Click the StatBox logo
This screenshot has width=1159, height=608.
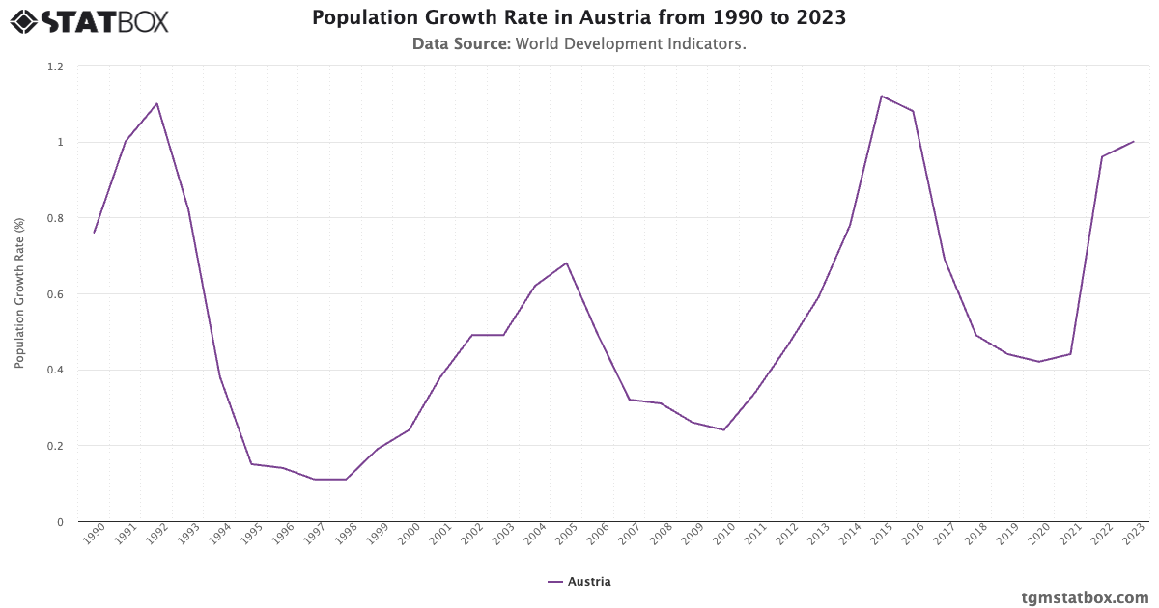point(89,20)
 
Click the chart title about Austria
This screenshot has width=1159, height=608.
point(579,18)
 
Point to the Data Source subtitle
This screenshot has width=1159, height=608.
point(579,43)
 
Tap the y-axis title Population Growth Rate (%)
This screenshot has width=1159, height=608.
point(19,292)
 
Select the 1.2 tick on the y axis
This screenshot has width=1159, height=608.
point(55,67)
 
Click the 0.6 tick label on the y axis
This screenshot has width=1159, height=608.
point(55,294)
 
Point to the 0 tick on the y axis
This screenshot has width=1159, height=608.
point(59,522)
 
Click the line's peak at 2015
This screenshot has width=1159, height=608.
point(882,96)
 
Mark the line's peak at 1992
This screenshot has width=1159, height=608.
point(156,103)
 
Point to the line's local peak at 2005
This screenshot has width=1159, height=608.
point(567,263)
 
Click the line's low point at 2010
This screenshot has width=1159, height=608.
point(724,429)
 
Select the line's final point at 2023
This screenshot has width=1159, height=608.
point(1134,142)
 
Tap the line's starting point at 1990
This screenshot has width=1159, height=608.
point(94,233)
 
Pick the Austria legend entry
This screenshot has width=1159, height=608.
point(579,582)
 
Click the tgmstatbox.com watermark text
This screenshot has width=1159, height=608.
point(1086,597)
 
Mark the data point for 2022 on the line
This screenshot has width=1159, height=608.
point(1102,156)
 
